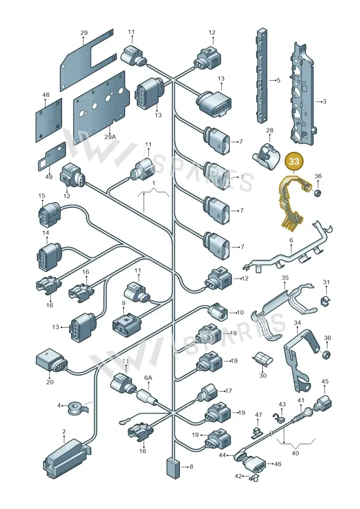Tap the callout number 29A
[x=110, y=137]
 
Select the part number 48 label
[x=46, y=95]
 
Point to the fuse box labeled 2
[x=67, y=458]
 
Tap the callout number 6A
[x=148, y=378]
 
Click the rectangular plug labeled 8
[x=173, y=468]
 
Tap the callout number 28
[x=270, y=131]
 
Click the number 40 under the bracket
[x=295, y=453]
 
